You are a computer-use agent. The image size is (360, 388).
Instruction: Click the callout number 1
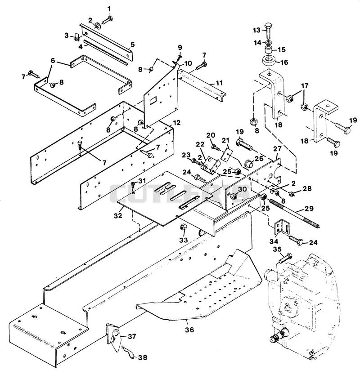click(109, 9)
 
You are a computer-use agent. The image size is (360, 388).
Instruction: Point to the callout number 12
click(176, 122)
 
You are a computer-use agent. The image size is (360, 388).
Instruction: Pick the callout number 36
click(189, 330)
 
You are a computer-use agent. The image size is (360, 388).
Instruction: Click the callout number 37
click(132, 336)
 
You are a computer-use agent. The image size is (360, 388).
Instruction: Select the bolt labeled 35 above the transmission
click(285, 258)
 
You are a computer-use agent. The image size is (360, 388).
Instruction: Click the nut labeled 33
click(183, 227)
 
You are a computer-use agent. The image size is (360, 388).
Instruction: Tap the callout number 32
click(118, 215)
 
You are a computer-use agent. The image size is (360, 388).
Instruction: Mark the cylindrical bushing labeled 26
click(249, 164)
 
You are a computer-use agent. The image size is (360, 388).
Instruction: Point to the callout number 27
click(278, 149)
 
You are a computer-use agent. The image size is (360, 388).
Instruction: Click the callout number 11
click(219, 83)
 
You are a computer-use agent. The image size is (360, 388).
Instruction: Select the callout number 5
click(133, 45)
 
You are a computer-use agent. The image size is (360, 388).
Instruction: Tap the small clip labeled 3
click(76, 38)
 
